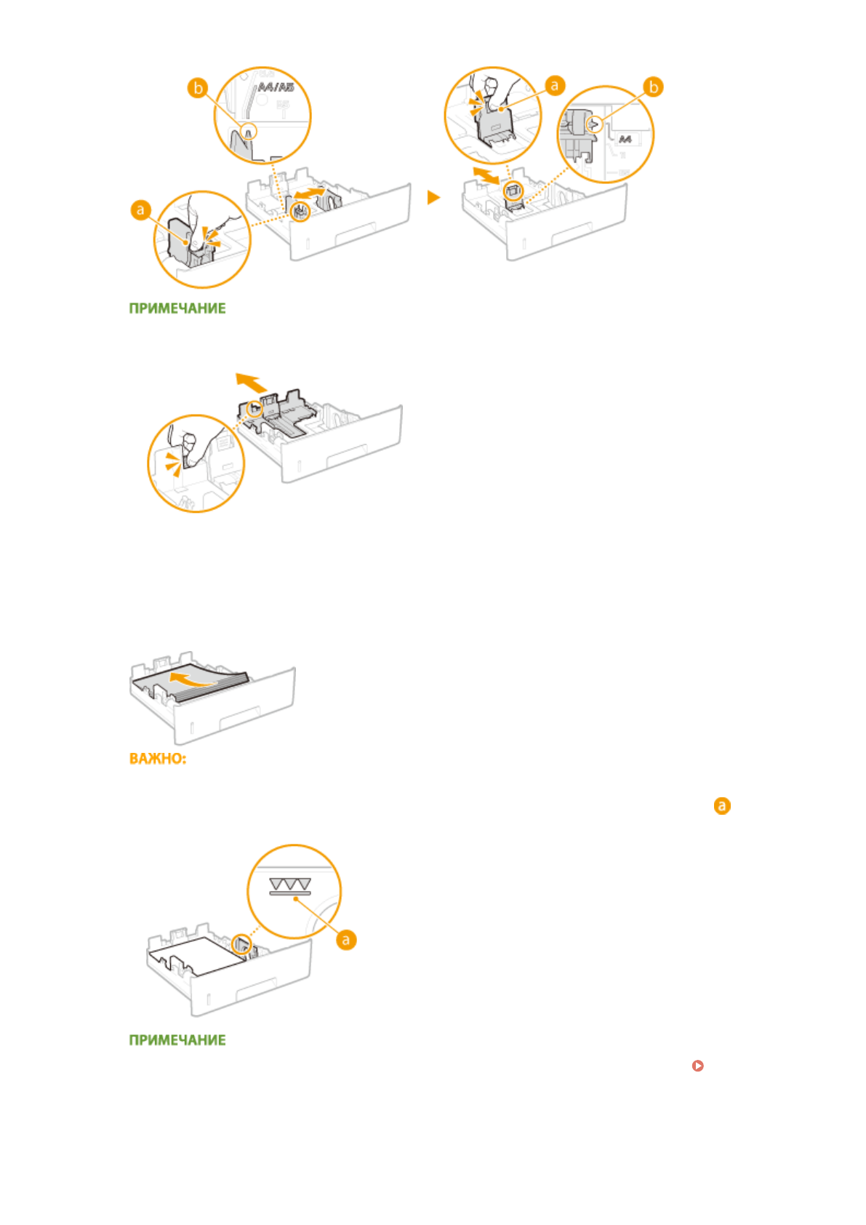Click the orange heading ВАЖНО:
coord(158,759)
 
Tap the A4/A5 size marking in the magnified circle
coord(276,87)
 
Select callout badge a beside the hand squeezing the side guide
coord(140,211)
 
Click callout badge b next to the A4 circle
coord(653,87)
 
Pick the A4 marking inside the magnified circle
coord(625,139)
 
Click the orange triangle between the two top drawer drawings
coord(433,197)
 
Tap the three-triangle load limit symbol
coord(289,885)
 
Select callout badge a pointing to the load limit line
coord(346,939)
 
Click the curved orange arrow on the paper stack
coord(188,681)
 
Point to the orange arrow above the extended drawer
coord(250,382)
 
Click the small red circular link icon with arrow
coord(698,1066)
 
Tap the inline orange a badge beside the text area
coord(721,806)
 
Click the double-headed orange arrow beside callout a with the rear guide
coord(485,175)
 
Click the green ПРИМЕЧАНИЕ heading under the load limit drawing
coord(177,1040)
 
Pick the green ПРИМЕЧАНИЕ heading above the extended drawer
coord(177,308)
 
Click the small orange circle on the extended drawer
coord(254,409)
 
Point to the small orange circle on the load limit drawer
coord(241,945)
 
